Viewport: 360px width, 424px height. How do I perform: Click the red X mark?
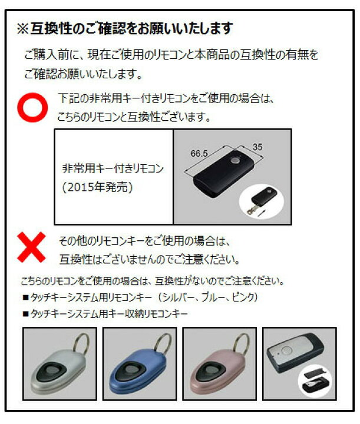click(31, 247)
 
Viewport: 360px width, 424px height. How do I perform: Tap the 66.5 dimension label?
click(199, 153)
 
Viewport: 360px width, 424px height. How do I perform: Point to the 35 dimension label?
click(257, 147)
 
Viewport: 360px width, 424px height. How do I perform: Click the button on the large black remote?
click(235, 160)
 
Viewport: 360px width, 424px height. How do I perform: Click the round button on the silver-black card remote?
click(286, 351)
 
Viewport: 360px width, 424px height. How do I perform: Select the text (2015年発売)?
click(97, 187)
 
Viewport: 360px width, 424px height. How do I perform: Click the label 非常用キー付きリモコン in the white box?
click(113, 168)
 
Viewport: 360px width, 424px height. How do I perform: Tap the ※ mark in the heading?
click(23, 28)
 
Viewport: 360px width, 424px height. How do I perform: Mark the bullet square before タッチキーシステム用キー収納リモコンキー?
click(26, 314)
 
